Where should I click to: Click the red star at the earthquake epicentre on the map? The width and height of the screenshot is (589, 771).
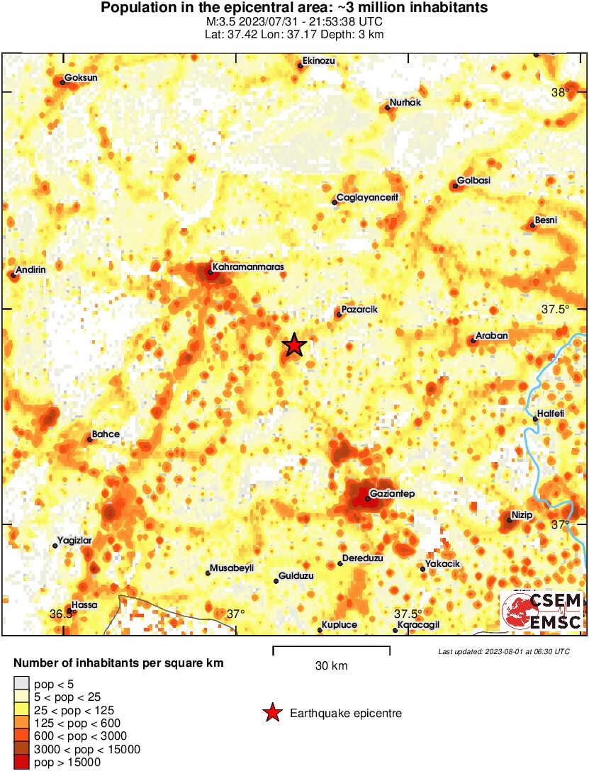click(x=294, y=345)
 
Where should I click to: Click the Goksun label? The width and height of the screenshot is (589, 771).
click(x=81, y=78)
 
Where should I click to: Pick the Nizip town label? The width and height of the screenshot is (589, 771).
click(x=522, y=514)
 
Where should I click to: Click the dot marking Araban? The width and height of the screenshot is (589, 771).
click(x=473, y=341)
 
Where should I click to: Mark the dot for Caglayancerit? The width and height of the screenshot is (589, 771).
click(x=335, y=203)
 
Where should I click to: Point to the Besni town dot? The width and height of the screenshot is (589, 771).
click(x=532, y=225)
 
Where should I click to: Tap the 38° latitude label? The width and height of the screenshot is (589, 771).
click(x=561, y=92)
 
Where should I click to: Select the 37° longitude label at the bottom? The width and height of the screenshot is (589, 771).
click(x=235, y=614)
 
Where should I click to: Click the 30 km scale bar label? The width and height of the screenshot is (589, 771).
click(x=331, y=666)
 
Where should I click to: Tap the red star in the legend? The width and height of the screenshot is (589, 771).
click(x=272, y=713)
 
